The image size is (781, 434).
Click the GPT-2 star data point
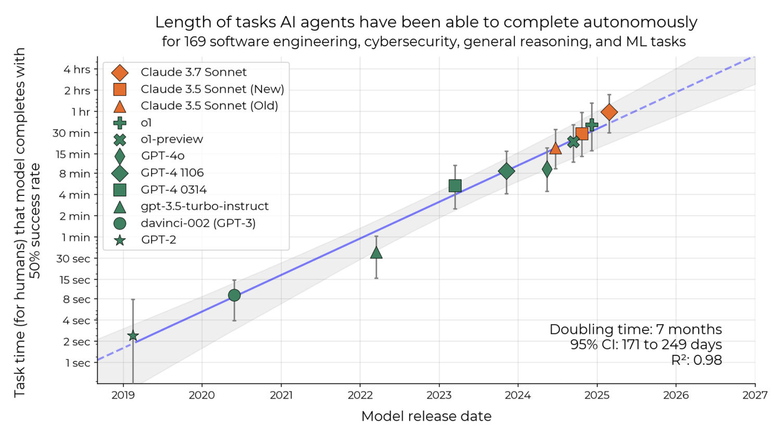pos(133,336)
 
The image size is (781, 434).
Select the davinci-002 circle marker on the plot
pos(234,295)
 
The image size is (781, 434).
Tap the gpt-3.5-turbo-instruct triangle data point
pos(376,253)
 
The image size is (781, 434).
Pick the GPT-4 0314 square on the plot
pos(455,185)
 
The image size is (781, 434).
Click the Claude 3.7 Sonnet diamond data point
pos(609,111)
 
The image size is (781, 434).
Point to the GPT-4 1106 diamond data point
pos(506,171)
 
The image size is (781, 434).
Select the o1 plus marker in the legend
pos(120,122)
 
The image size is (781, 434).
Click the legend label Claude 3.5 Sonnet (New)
pos(212,89)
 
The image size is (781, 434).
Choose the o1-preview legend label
pos(172,139)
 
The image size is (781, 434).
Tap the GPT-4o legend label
pos(162,156)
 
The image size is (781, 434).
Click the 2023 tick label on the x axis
pos(439,395)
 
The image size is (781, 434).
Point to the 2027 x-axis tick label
pos(755,395)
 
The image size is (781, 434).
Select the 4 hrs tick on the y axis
pos(77,69)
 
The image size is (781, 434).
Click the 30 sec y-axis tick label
pos(73,258)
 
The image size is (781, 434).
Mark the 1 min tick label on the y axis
pos(76,237)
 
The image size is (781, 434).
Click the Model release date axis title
pos(426,416)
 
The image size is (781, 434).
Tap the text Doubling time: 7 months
pos(635,329)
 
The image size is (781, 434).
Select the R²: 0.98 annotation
pos(696,360)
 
